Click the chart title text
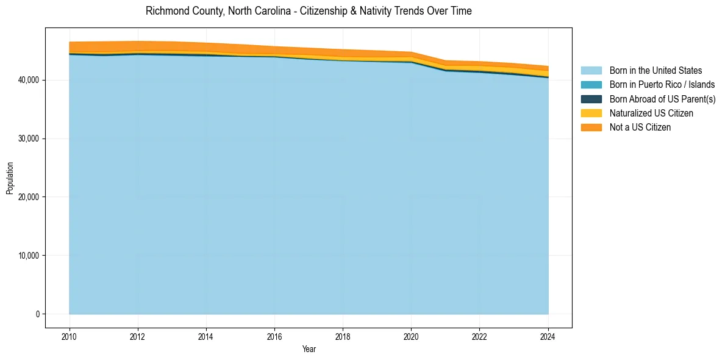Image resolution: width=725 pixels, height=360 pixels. (x=309, y=11)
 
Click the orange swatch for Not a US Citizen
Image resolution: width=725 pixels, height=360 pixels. (x=591, y=127)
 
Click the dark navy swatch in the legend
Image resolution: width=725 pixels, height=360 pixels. (x=591, y=99)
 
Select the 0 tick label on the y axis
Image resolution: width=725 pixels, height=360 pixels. (x=37, y=314)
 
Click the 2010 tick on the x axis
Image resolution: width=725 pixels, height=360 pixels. (x=70, y=336)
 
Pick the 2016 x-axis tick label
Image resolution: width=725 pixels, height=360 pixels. (x=274, y=336)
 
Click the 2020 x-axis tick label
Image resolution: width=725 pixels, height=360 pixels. (x=411, y=336)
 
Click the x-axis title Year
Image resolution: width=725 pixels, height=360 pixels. (x=309, y=349)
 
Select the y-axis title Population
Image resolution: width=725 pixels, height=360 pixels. (x=10, y=178)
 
